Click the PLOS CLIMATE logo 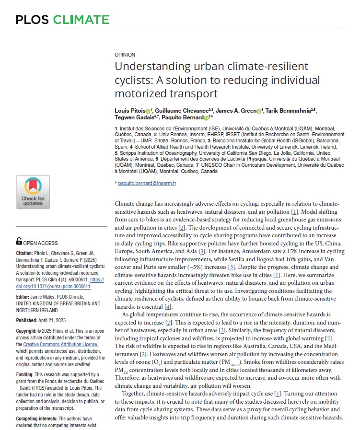coord(62,20)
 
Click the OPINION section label coord(125,55)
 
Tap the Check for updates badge coord(33,192)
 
